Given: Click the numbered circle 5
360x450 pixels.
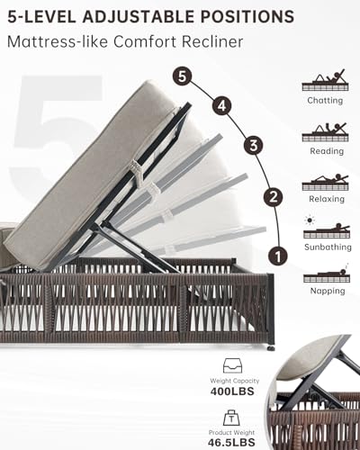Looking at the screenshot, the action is click(182, 76).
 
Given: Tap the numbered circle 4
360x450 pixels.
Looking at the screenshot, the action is click(222, 106).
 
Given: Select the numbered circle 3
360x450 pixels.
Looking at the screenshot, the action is click(254, 146).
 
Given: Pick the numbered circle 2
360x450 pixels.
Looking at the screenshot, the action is click(274, 197).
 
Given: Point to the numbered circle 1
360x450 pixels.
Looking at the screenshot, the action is click(278, 256).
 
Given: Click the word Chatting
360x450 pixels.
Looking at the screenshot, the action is click(325, 101).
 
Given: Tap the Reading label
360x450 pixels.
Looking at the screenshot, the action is click(327, 151).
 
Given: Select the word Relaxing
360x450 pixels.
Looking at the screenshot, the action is click(327, 199).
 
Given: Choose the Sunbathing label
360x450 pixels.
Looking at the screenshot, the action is click(328, 247).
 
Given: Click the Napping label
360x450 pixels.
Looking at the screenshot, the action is click(328, 291).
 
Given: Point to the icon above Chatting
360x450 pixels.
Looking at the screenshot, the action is click(326, 80).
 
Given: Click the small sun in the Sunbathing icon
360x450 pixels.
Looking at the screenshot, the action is click(310, 220).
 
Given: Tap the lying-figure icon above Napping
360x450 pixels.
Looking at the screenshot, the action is click(327, 274).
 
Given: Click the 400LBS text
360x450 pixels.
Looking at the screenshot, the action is click(232, 391).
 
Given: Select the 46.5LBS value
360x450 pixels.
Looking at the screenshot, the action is click(231, 442).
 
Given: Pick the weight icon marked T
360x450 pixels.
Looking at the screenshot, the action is click(231, 418).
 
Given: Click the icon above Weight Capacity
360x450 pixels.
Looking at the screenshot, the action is click(232, 366).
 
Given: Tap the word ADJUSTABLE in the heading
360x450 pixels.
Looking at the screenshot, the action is click(139, 16).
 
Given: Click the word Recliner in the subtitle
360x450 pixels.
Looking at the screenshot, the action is click(212, 41).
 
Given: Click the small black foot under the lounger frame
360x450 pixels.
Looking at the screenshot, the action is click(272, 348).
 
